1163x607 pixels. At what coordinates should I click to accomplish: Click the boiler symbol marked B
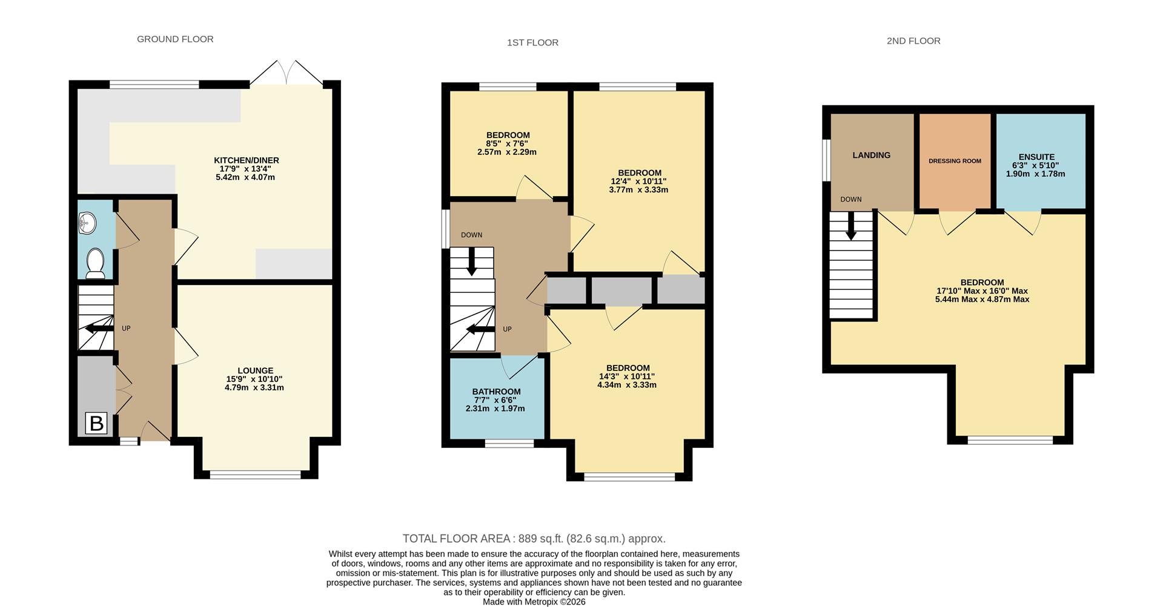96,423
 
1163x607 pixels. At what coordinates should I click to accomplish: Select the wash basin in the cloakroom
88,223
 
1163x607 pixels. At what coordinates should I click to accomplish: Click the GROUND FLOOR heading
175,39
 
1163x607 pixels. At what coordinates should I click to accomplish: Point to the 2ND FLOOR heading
913,41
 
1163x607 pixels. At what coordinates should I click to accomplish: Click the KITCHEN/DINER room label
246,160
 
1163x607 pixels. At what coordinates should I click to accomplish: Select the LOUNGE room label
255,370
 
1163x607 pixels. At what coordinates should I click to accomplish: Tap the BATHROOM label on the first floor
496,392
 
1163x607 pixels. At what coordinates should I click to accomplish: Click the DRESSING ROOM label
955,161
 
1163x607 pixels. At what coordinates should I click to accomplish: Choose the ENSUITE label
1036,157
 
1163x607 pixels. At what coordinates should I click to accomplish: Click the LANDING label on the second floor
871,155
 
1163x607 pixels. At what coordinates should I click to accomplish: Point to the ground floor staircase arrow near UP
98,329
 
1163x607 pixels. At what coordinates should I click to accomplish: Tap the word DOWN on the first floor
471,235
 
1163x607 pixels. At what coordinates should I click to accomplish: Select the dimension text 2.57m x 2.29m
506,153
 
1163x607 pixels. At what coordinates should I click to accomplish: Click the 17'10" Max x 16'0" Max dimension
982,291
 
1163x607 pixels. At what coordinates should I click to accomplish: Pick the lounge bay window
255,475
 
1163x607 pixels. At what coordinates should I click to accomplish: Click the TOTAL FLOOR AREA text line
534,539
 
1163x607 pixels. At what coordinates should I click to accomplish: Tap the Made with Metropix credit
534,602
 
